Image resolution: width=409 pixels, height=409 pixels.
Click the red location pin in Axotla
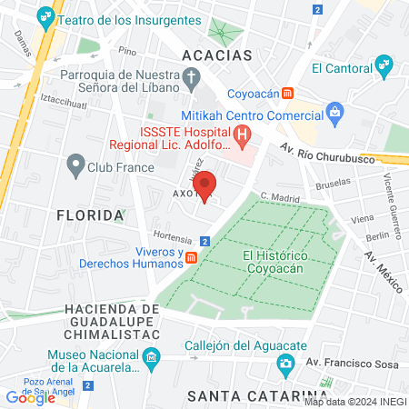click(x=205, y=185)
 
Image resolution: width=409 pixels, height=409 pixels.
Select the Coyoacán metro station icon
click(x=287, y=92)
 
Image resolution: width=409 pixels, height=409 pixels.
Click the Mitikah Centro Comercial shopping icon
click(x=334, y=114)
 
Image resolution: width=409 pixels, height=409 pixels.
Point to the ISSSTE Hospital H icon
click(x=243, y=136)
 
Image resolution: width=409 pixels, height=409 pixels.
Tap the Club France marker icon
click(x=75, y=165)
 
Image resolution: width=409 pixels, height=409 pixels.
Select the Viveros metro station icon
click(x=192, y=257)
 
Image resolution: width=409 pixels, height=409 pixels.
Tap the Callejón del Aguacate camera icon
click(x=286, y=364)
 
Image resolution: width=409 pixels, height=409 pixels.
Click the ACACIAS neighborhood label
click(x=216, y=55)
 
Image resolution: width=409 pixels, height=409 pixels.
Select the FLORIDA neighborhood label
click(x=90, y=215)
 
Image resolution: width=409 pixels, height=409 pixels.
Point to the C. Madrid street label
click(x=279, y=195)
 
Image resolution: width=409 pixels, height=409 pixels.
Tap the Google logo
click(x=31, y=397)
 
